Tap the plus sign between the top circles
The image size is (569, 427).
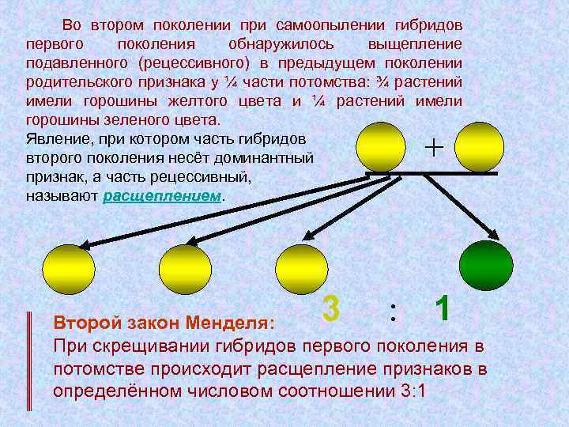[434, 147]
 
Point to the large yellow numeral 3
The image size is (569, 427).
[332, 308]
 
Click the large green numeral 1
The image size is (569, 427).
[443, 308]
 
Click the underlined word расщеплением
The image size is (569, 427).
[164, 197]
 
